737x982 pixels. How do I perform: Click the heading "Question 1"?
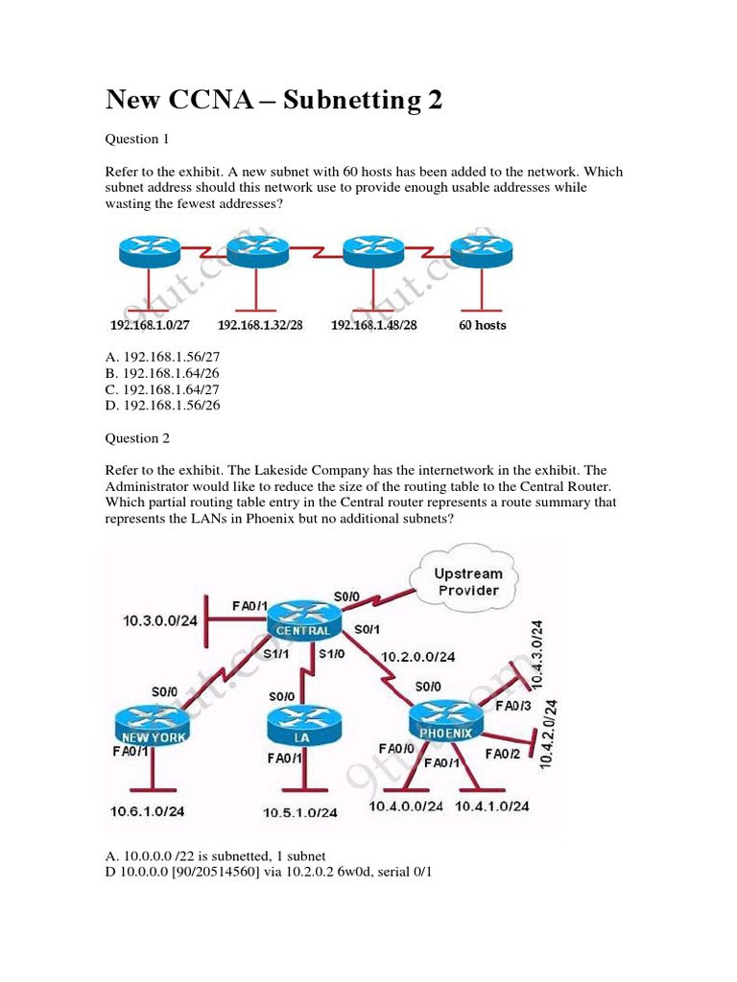point(137,139)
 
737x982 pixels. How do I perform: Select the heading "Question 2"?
point(137,438)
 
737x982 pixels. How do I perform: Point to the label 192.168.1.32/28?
point(260,325)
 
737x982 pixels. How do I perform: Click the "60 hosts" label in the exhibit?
point(482,325)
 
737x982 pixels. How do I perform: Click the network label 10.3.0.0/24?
point(159,620)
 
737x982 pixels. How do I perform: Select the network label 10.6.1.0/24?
point(147,811)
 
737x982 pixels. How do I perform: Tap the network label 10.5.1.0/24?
point(300,812)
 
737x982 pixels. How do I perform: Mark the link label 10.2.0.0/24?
point(417,657)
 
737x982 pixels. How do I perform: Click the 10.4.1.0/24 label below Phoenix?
point(491,807)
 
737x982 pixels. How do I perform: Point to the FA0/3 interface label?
point(511,706)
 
